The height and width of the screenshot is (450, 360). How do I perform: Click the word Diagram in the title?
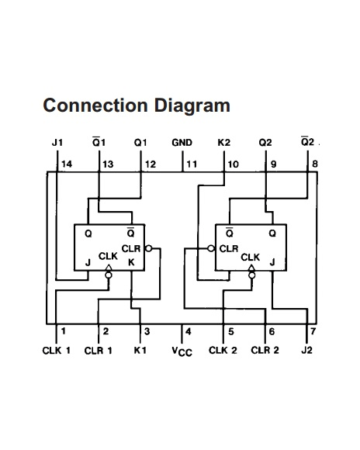(x=192, y=106)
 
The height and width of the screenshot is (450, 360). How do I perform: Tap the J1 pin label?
(x=57, y=143)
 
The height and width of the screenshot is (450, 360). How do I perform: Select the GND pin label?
(x=182, y=143)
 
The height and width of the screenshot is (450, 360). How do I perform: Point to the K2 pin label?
(x=224, y=143)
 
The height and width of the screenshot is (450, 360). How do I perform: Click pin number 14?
(x=67, y=164)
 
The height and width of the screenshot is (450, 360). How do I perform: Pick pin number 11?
(x=192, y=164)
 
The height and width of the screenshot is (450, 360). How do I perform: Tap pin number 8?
(x=315, y=164)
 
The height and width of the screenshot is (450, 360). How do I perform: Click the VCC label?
(x=182, y=351)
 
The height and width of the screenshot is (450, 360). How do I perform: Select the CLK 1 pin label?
(x=57, y=351)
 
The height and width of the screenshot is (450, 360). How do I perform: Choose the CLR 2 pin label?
(x=265, y=350)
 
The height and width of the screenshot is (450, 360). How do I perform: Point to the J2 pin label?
(x=306, y=350)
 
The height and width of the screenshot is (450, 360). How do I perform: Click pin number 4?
(x=189, y=331)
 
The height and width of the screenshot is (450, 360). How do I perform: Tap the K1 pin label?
(x=140, y=350)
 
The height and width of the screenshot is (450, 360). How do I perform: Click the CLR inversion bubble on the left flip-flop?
(x=149, y=248)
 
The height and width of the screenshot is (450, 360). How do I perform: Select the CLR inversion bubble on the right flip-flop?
(x=211, y=248)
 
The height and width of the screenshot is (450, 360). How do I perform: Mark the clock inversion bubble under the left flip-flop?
(x=109, y=275)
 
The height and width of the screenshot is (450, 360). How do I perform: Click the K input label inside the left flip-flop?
(x=131, y=262)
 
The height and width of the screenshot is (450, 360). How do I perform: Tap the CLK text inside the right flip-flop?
(x=251, y=257)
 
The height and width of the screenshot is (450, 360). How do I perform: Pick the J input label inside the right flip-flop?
(x=272, y=262)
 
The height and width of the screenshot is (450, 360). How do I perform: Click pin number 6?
(x=272, y=331)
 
